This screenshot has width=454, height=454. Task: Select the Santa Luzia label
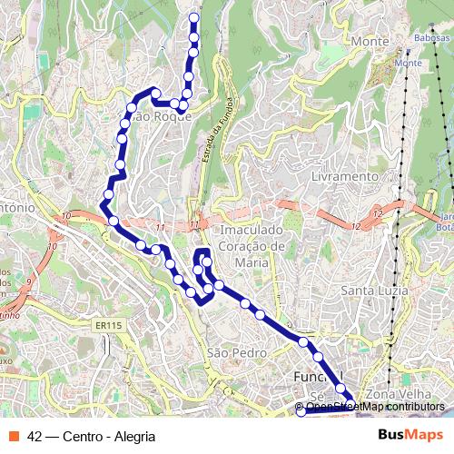pos(370,291)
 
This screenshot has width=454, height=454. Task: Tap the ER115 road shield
pos(107,325)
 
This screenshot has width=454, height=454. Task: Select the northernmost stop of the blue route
pos(193,17)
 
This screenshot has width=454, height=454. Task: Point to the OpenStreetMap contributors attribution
pos(375,407)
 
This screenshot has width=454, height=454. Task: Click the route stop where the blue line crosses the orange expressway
pos(113,221)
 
